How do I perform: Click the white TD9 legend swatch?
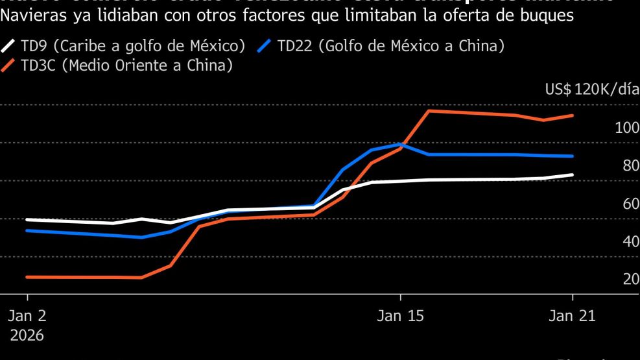[9, 46]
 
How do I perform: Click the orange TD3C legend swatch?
[9, 66]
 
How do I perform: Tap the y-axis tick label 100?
[626, 127]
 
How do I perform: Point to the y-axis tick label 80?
[630, 165]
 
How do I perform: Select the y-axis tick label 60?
[630, 204]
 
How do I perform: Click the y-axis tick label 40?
[630, 241]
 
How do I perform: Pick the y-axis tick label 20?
[630, 280]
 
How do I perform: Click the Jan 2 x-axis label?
[27, 317]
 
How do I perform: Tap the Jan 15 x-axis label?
[400, 317]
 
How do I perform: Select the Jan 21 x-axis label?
[572, 317]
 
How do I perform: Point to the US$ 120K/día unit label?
[592, 90]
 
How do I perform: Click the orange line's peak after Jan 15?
[429, 110]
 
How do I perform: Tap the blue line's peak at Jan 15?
[400, 144]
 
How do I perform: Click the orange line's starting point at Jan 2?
[27, 277]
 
